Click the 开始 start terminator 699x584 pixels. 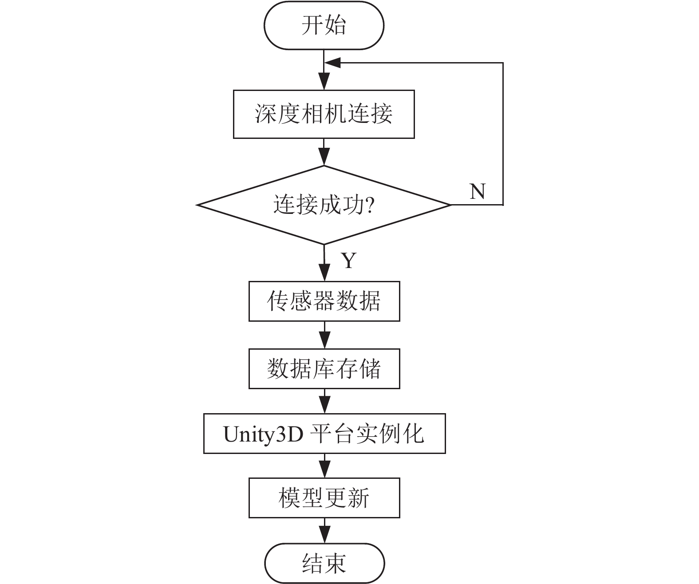tap(324, 25)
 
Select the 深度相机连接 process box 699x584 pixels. tap(324, 114)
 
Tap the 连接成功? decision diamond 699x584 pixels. tap(324, 205)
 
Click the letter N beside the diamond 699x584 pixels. tap(478, 191)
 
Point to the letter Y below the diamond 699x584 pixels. tap(349, 260)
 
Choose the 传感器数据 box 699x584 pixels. tap(324, 301)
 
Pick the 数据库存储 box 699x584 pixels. tap(324, 369)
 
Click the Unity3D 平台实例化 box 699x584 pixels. tap(324, 434)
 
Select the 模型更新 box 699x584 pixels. tap(324, 497)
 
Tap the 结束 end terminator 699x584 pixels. tap(324, 564)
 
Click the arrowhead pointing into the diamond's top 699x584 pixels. tap(324, 158)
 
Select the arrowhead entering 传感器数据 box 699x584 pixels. tap(324, 273)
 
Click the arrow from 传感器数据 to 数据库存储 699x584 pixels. tap(324, 335)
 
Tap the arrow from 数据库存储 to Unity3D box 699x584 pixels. tap(324, 401)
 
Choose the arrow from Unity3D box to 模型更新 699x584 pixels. tap(324, 466)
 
